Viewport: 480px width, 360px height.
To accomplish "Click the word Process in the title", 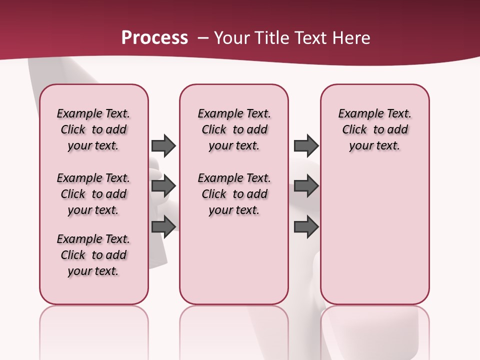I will (x=154, y=37).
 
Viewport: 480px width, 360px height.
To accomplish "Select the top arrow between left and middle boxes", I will (x=163, y=145).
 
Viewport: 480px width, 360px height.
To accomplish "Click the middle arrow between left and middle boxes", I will (x=163, y=186).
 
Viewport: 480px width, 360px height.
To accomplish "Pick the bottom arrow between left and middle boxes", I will (x=163, y=227).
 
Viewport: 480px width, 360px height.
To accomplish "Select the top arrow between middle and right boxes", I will (x=306, y=145).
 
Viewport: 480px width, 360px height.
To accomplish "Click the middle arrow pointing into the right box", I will (x=306, y=186).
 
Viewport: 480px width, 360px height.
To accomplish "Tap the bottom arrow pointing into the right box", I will (x=306, y=227).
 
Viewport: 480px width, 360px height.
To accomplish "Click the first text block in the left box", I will (x=93, y=129).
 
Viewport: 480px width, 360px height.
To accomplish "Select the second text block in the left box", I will (x=93, y=194).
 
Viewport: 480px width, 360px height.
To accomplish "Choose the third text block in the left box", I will (x=93, y=255).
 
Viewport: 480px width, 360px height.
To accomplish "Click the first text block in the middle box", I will (x=234, y=129).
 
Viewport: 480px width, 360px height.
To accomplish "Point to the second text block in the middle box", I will (x=234, y=194).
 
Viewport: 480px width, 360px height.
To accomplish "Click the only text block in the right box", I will (x=374, y=129).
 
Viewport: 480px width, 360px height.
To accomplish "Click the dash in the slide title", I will (x=203, y=37).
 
